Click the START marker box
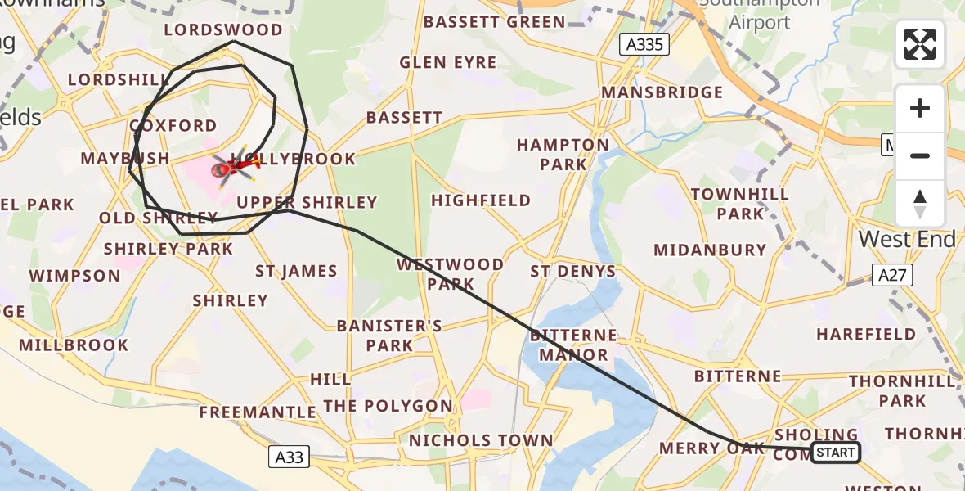coord(835,453)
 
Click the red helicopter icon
coord(233,167)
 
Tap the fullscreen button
coord(920,44)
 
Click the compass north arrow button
coord(920,204)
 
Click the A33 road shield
coord(289,457)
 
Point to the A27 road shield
coord(891,275)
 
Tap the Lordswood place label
coord(223,30)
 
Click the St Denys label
coord(572,271)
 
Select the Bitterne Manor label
coord(573,345)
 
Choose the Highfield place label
coord(481,200)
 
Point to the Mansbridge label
coord(662,92)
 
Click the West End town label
coord(907,240)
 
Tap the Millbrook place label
coord(74,345)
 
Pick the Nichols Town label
coord(481,440)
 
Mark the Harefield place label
coord(866,334)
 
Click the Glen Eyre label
coord(447,63)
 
